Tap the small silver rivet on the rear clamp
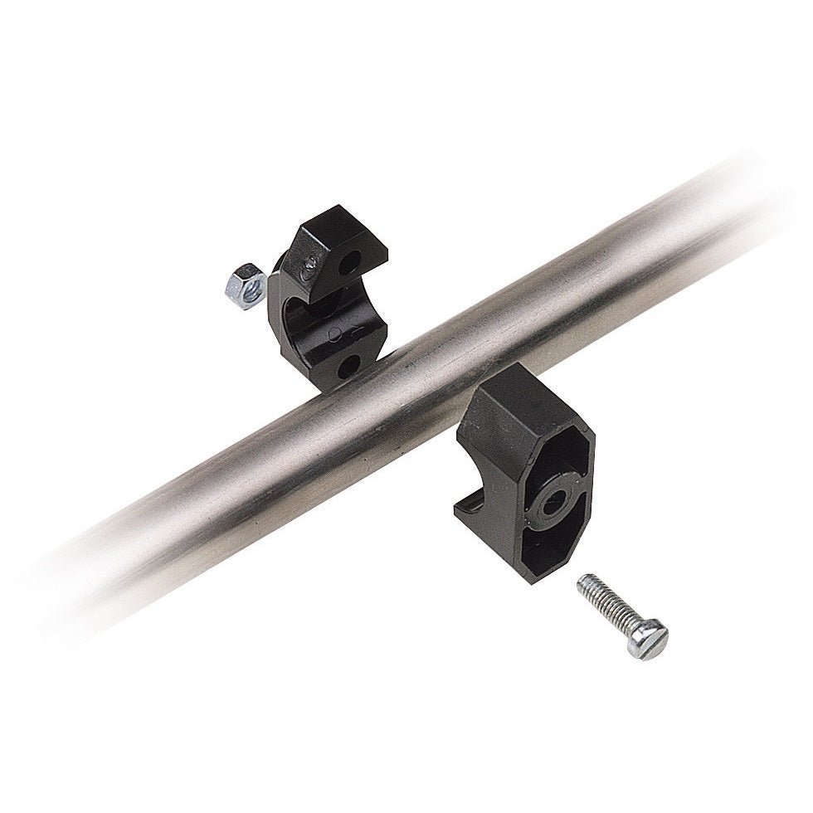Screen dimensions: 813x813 309,264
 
